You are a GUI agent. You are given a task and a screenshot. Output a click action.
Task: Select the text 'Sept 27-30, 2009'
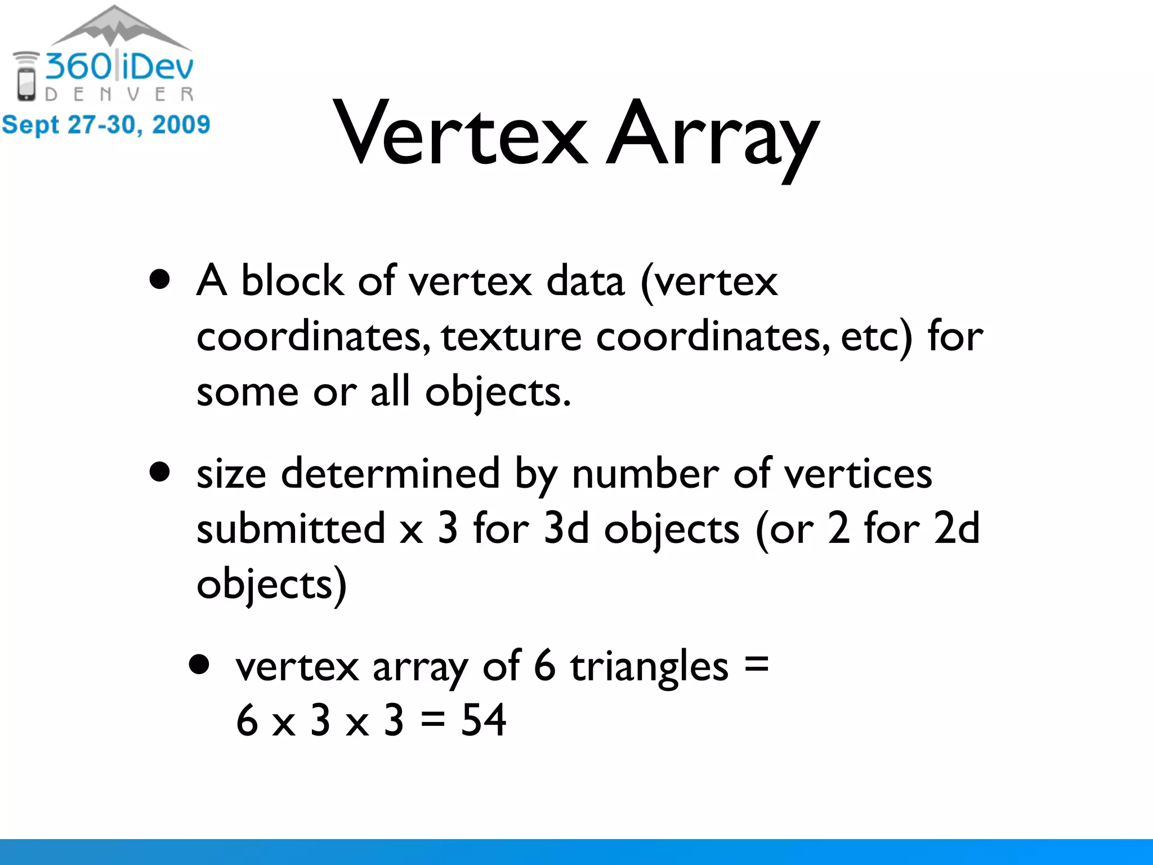[106, 124]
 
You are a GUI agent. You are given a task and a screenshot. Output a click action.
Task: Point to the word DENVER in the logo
[119, 94]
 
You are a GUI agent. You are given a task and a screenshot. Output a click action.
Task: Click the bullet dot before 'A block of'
[160, 279]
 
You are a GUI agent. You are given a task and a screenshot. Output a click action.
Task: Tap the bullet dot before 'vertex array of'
[199, 665]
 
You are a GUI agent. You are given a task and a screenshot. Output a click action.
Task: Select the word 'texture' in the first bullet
[511, 336]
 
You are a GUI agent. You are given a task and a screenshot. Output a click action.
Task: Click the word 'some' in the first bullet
[247, 391]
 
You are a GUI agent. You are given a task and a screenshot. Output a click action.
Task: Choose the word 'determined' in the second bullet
[390, 473]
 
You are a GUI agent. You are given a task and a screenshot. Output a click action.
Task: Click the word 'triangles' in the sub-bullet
[649, 666]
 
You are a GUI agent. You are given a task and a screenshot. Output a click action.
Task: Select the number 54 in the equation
[483, 720]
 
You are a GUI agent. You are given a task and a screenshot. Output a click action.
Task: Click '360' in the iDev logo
[79, 66]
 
